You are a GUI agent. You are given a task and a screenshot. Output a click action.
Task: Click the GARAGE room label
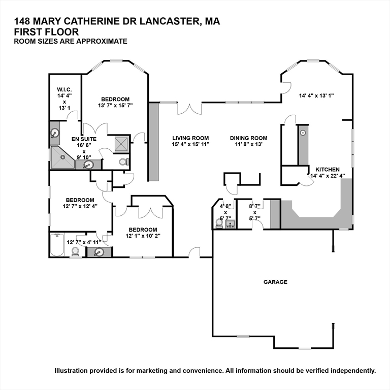[x=275, y=282]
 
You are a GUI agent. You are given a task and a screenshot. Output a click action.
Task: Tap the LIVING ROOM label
[x=190, y=138]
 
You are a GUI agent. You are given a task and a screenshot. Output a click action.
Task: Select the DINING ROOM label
[x=249, y=138]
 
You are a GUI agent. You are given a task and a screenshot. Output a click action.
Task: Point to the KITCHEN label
[x=328, y=170]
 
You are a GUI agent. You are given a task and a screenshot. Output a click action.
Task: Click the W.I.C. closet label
[x=64, y=89]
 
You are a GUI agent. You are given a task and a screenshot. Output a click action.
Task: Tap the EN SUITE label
[x=84, y=139]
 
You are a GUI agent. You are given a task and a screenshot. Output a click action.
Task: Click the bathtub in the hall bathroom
[x=57, y=245]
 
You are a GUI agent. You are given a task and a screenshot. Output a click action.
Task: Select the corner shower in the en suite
[x=62, y=157]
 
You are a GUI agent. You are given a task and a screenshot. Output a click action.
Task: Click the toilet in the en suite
[x=123, y=162]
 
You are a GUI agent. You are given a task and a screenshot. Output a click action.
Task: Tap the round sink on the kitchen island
[x=303, y=133]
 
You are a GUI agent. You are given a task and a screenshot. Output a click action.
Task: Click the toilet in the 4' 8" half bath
[x=219, y=223]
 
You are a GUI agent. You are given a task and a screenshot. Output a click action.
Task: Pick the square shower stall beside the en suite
[x=122, y=144]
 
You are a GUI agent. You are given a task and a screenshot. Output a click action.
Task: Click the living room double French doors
[x=189, y=109]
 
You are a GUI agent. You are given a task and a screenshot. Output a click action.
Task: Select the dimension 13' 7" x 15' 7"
[x=115, y=106]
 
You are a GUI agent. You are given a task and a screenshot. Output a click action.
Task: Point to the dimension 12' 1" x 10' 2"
[x=143, y=236]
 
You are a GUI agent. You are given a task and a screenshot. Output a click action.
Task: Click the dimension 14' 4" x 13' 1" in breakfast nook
[x=316, y=95]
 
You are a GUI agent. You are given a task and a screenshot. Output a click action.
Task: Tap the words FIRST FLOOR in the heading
[x=46, y=32]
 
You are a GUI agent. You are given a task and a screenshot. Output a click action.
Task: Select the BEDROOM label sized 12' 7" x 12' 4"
[x=80, y=200]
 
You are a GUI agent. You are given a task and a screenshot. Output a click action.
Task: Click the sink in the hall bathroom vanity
[x=99, y=252]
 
